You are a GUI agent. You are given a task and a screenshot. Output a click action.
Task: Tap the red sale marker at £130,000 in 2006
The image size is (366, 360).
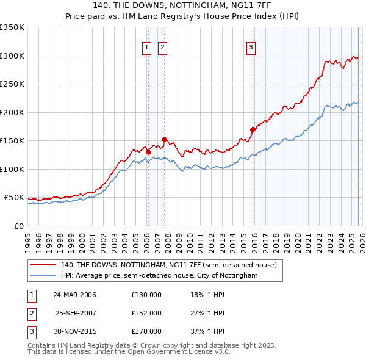click(x=148, y=152)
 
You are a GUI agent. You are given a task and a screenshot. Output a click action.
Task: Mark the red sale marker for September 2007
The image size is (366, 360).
click(x=164, y=140)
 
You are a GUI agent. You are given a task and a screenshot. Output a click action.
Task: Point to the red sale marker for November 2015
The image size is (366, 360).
click(x=253, y=129)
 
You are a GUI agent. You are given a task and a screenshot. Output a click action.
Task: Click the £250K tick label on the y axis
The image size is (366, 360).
click(x=12, y=84)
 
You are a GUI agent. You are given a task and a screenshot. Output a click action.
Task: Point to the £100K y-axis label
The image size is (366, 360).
click(x=12, y=169)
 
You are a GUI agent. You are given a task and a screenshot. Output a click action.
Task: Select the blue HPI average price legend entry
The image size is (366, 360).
click(x=159, y=276)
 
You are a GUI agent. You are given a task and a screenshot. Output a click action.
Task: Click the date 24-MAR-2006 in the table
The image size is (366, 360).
click(x=74, y=295)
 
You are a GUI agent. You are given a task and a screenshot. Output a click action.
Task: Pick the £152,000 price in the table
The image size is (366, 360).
click(x=146, y=313)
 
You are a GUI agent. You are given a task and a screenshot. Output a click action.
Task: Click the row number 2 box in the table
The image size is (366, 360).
click(x=30, y=313)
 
